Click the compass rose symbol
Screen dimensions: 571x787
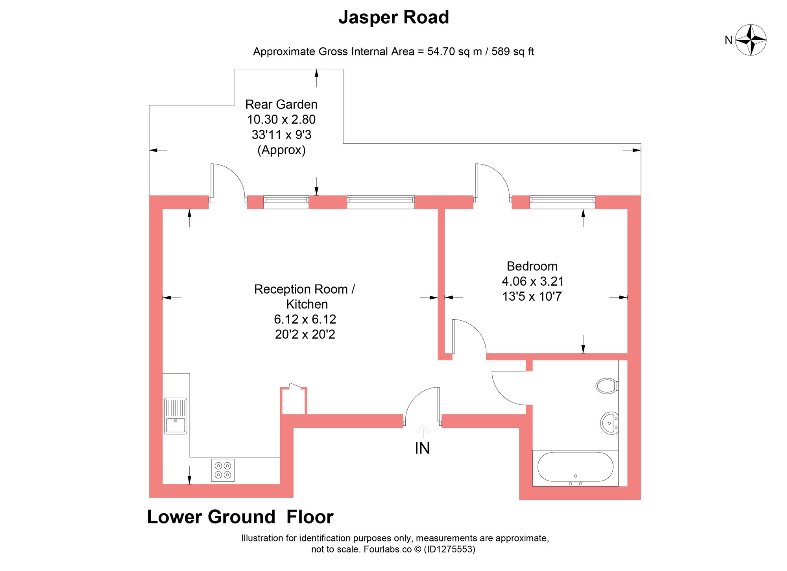coord(750,40)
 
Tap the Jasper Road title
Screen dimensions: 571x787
coord(393,18)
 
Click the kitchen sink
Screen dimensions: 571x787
coord(176,416)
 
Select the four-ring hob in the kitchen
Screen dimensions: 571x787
coord(223,470)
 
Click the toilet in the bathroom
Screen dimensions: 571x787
coord(606,386)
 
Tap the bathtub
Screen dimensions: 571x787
coord(575,468)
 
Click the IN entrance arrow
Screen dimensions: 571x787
coord(423,432)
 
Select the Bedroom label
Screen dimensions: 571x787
coord(532,266)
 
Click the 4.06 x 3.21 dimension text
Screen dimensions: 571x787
coord(532,281)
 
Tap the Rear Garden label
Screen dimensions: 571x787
coord(281,105)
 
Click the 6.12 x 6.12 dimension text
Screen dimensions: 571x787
coord(305,319)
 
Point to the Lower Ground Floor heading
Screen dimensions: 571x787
coord(240,517)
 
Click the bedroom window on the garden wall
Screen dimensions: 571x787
coord(562,202)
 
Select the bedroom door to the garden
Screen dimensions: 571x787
coord(492,181)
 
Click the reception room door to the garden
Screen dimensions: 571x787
coord(227,181)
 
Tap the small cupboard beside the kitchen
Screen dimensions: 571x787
coord(294,401)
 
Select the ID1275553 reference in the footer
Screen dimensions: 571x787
coord(449,549)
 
